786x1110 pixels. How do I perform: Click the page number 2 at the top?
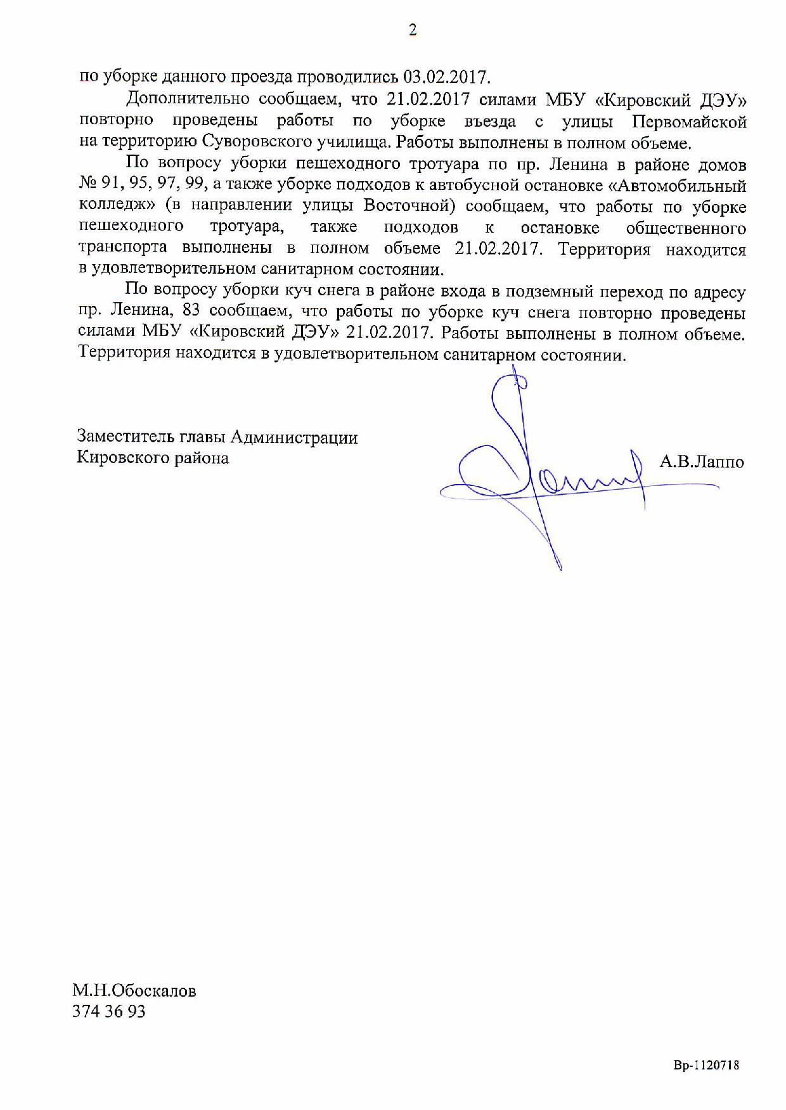pos(413,30)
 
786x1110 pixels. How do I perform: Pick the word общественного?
pos(686,227)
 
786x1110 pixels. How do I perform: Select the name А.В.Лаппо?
pos(702,462)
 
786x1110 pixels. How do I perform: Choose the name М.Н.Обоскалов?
pos(134,990)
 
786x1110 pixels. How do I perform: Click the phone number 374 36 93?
pos(109,1011)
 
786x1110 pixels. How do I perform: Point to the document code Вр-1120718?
pos(706,1066)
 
